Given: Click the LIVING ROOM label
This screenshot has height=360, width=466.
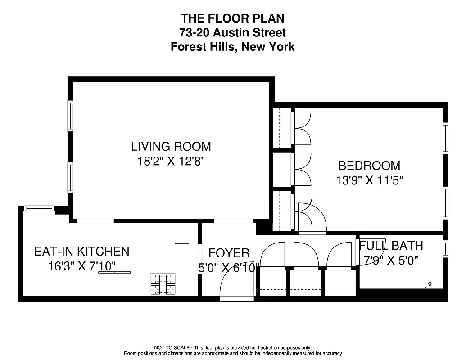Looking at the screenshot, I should tap(171, 146).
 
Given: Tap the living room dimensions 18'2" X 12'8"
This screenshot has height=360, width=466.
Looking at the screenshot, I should tap(171, 162).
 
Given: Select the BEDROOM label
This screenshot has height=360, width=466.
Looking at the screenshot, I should tap(369, 166).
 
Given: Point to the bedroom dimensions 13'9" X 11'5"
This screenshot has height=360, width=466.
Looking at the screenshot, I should tap(369, 180).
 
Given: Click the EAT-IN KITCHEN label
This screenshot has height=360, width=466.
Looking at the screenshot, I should tap(82, 251).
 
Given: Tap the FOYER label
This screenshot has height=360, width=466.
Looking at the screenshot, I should tap(229, 253).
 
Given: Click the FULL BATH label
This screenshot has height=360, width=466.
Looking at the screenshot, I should tap(391, 246).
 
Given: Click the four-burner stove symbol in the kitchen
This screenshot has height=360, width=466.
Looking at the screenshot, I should tap(163, 284).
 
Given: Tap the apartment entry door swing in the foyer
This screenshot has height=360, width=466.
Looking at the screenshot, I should tap(230, 286).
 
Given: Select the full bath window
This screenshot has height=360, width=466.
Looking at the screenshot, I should tap(445, 249).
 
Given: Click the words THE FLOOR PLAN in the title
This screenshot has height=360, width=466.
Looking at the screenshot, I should tap(232, 18).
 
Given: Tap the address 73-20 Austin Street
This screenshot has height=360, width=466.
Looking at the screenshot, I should tap(232, 32).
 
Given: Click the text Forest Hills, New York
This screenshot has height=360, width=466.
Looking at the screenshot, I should tap(232, 47).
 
